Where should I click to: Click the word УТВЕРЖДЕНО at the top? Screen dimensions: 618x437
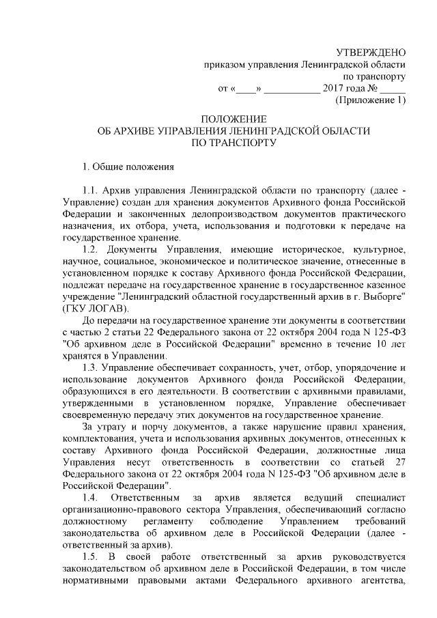tap(372, 53)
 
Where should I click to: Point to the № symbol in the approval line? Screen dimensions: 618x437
tap(373, 89)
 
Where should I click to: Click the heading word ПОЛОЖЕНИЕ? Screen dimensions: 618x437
tap(234, 118)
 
